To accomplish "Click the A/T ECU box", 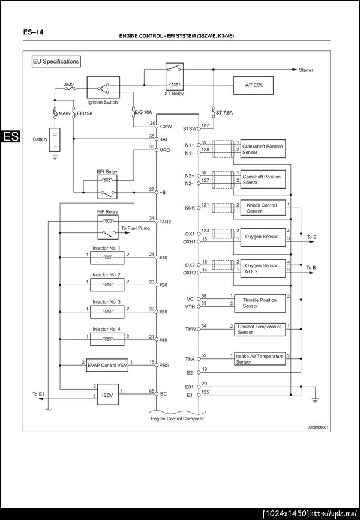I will pyautogui.click(x=254, y=86).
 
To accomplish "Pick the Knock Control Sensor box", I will pyautogui.click(x=262, y=208).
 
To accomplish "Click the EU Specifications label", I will pyautogui.click(x=56, y=61).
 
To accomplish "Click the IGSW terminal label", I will pyautogui.click(x=166, y=127).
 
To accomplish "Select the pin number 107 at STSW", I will pyautogui.click(x=205, y=125).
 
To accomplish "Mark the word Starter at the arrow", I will pyautogui.click(x=306, y=70).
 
